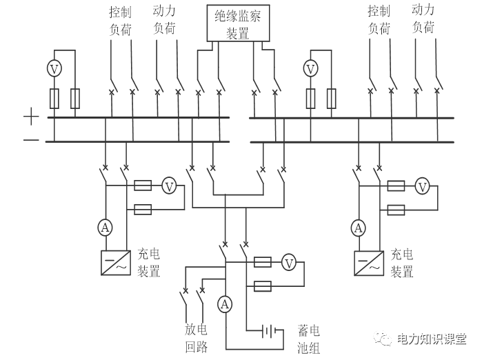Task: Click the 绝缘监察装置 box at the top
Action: [x=238, y=22]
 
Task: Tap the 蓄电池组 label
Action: [x=308, y=338]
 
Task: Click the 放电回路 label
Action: [x=197, y=338]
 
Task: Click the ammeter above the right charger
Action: [x=358, y=228]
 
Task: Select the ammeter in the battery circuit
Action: [x=225, y=303]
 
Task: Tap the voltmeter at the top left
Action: [x=54, y=68]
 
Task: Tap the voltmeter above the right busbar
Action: [x=311, y=68]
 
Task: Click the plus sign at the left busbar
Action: [x=31, y=118]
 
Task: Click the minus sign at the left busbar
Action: [x=31, y=141]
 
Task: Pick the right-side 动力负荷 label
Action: [x=423, y=19]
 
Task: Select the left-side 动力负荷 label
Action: [x=164, y=20]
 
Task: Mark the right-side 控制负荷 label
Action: [x=379, y=20]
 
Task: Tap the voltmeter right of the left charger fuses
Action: [x=169, y=185]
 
